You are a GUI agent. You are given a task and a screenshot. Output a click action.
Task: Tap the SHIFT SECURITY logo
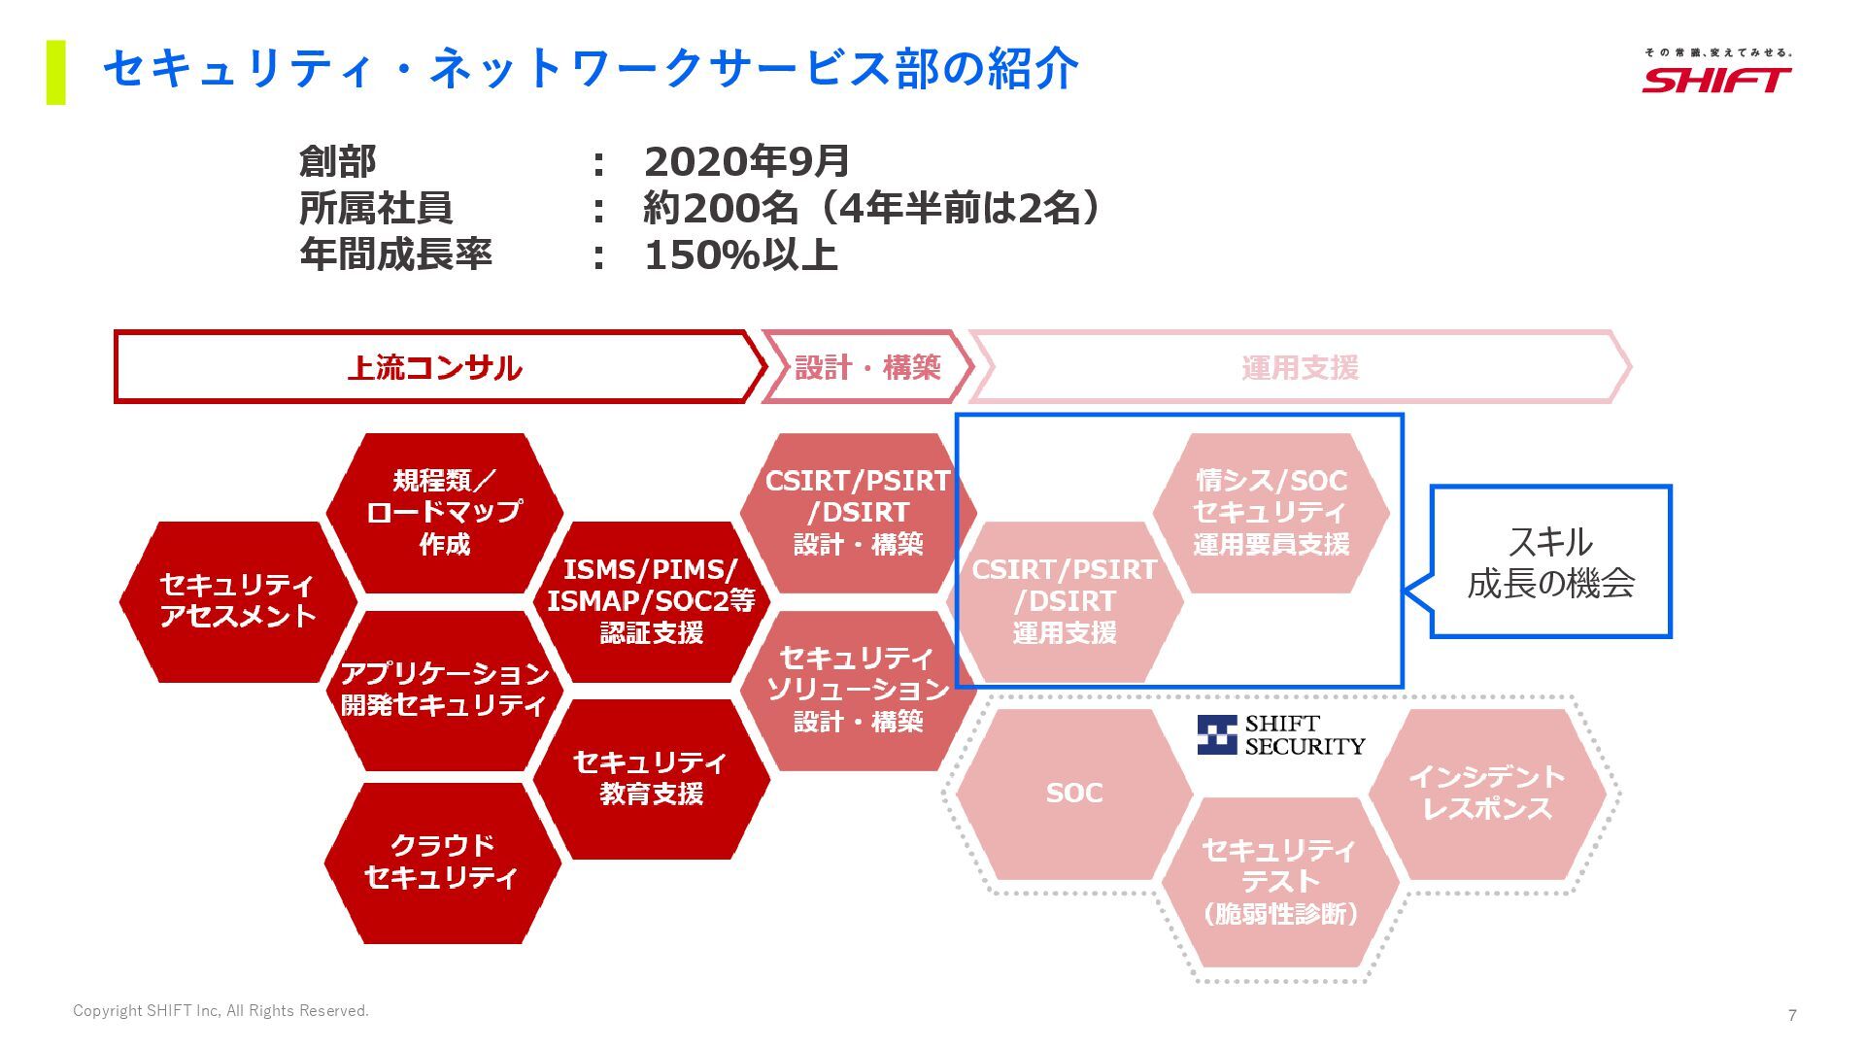1280,735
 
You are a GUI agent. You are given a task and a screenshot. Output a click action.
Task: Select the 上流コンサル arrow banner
435,367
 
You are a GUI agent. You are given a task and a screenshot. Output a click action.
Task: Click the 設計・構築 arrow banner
867,367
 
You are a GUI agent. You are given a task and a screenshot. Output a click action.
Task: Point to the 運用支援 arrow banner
1300,367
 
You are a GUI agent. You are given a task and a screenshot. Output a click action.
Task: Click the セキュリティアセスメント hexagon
237,601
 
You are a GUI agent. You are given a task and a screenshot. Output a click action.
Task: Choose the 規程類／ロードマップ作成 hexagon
444,512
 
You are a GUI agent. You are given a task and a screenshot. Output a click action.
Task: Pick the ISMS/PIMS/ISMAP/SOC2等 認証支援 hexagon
651,601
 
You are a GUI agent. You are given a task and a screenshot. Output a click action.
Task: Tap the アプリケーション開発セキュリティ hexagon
444,690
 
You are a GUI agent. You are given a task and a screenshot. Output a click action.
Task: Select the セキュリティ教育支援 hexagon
651,778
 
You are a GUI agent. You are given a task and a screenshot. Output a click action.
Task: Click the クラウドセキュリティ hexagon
442,862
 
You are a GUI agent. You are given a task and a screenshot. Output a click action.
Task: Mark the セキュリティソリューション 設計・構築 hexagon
858,690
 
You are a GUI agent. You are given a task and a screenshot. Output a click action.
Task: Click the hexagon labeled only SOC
1073,794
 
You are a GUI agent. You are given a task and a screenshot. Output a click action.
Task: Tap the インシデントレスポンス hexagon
1486,793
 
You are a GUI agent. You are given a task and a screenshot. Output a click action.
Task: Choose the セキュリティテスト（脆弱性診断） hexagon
1279,882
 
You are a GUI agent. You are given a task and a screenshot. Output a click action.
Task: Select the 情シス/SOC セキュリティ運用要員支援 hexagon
1271,512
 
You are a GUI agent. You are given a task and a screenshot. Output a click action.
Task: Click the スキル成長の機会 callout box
1551,562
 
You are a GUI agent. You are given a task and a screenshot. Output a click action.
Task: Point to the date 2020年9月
746,161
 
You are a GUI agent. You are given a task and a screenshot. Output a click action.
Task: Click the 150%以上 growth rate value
740,254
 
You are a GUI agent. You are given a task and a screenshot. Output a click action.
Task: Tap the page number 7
1792,1015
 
